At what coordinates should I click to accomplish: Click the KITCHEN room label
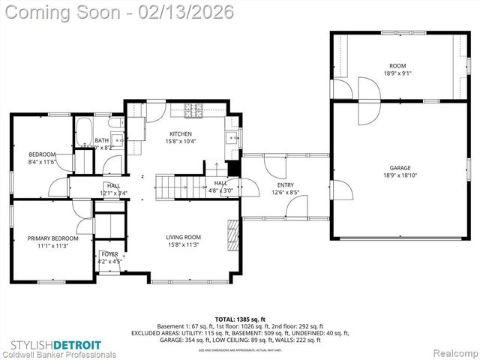(x=181, y=133)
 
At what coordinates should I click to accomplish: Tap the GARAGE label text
(x=400, y=168)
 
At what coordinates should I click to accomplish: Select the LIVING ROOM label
(x=184, y=237)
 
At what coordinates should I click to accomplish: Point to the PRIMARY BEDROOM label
(x=52, y=238)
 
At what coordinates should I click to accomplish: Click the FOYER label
(x=109, y=254)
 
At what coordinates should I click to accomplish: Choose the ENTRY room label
(x=285, y=184)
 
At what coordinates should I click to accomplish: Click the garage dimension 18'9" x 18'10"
(x=400, y=175)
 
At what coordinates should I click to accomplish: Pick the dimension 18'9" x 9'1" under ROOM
(x=397, y=73)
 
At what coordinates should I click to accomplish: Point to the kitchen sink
(x=232, y=137)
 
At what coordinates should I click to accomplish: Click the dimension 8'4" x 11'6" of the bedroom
(x=42, y=161)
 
